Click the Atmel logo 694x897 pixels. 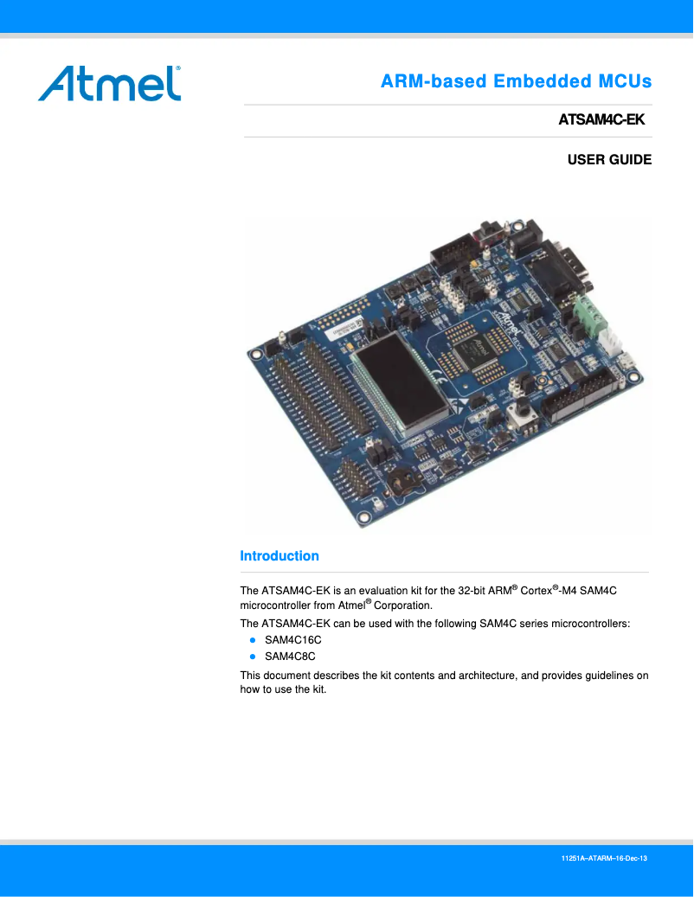pos(109,83)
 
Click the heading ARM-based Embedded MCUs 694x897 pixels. pos(516,81)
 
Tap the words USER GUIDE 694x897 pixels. pos(609,160)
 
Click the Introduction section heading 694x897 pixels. pos(279,556)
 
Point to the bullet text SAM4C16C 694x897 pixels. pos(292,639)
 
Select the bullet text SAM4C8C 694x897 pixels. pos(290,656)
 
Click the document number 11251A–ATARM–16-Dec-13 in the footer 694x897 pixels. pos(604,858)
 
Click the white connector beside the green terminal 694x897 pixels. pos(613,339)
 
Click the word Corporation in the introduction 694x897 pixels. pos(402,605)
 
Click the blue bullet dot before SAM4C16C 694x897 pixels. pos(253,639)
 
